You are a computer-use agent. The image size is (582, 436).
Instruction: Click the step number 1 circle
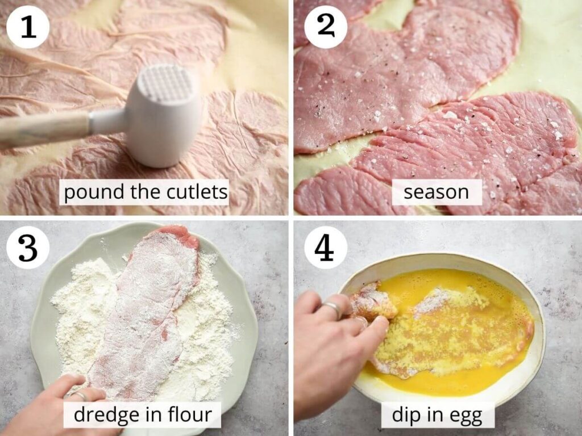tap(28, 27)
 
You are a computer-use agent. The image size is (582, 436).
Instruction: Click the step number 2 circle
tap(326, 27)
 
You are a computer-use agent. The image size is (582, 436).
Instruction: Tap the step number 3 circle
tap(28, 248)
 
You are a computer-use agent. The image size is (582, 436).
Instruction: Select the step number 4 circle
tap(326, 248)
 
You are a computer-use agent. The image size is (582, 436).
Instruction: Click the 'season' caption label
tap(436, 192)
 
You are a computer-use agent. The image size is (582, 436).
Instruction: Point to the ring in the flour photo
tap(80, 395)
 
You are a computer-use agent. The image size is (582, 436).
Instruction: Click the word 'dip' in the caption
tap(405, 415)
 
